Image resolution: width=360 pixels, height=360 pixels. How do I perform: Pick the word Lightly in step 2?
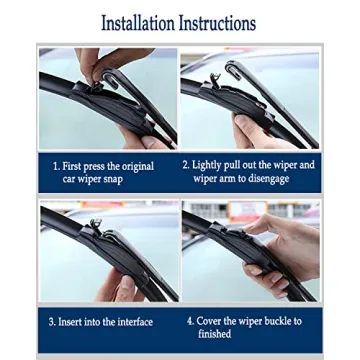coord(210,165)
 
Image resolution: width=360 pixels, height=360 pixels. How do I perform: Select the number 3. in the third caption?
coord(52,322)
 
